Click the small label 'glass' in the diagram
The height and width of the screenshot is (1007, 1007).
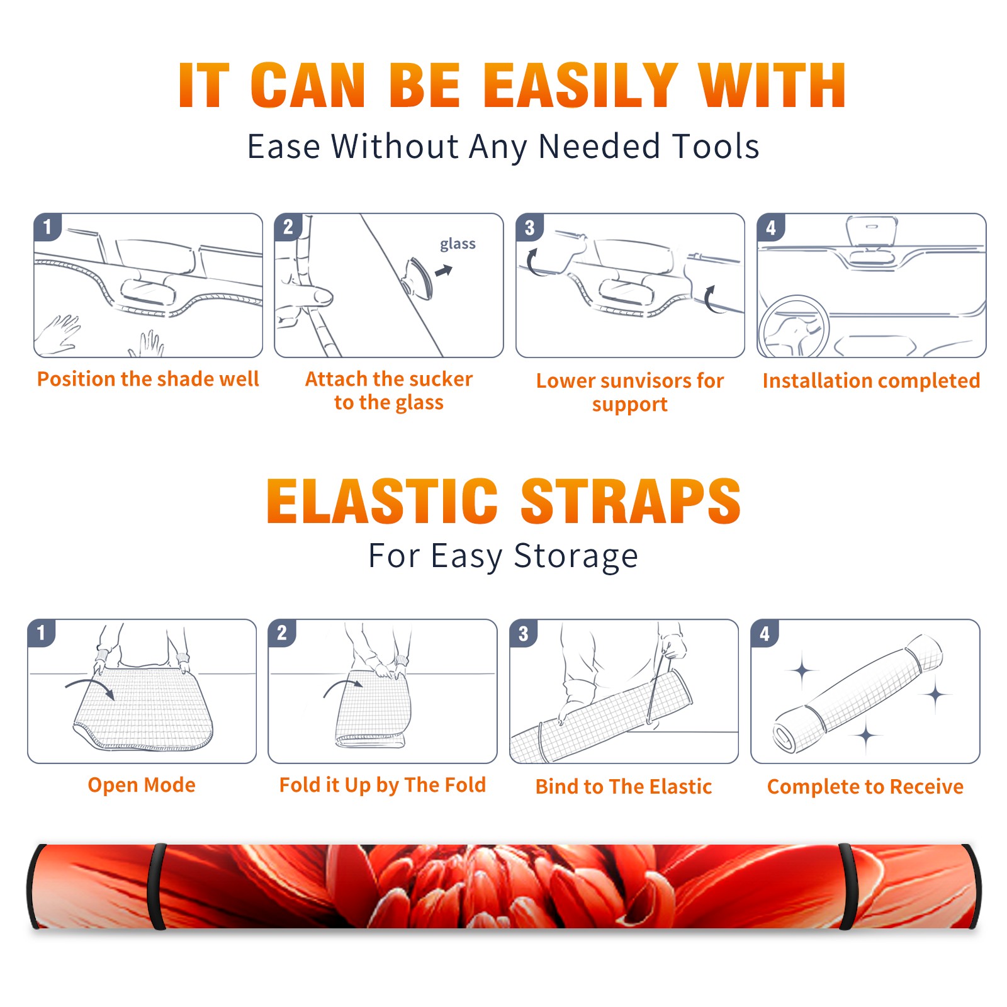pyautogui.click(x=458, y=244)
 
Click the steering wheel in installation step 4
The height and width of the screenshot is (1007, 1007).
pyautogui.click(x=794, y=327)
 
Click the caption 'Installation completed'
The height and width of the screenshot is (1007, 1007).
pyautogui.click(x=871, y=380)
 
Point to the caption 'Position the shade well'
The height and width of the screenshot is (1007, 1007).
pyautogui.click(x=148, y=379)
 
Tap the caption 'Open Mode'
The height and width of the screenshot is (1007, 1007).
pyautogui.click(x=142, y=785)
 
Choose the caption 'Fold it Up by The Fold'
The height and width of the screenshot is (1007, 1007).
pyautogui.click(x=383, y=785)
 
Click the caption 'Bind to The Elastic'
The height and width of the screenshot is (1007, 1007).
pyautogui.click(x=624, y=787)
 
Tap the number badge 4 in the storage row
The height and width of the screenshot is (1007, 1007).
pyautogui.click(x=765, y=633)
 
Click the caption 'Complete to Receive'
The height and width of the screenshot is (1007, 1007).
pyautogui.click(x=865, y=787)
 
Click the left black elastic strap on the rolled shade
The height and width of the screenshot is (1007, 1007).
pyautogui.click(x=157, y=886)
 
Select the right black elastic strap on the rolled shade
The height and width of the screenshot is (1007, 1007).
pyautogui.click(x=847, y=886)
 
